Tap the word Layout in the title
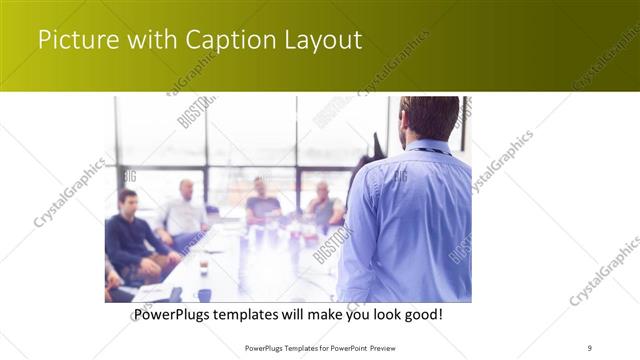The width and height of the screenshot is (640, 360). click(320, 41)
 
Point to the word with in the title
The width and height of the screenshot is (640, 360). click(147, 41)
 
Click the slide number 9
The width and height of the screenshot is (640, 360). click(590, 348)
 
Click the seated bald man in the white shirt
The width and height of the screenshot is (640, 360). click(185, 210)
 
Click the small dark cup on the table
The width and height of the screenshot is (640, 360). click(204, 267)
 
